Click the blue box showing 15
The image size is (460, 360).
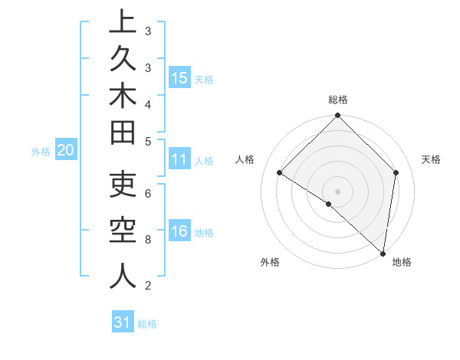[x=179, y=77]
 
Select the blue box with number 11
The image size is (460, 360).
[x=179, y=159]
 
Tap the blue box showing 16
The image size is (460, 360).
[x=179, y=231]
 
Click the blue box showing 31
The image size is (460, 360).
[x=123, y=322]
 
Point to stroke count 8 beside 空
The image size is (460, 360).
[x=148, y=239]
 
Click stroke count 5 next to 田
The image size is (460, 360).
[x=148, y=141]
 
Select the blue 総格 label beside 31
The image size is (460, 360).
[x=147, y=324]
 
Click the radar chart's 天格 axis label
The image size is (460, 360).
[x=431, y=159]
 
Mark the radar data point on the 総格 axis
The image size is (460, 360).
[x=337, y=116]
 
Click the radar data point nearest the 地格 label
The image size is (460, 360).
[x=383, y=253]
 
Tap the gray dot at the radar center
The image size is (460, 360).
[x=337, y=191]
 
